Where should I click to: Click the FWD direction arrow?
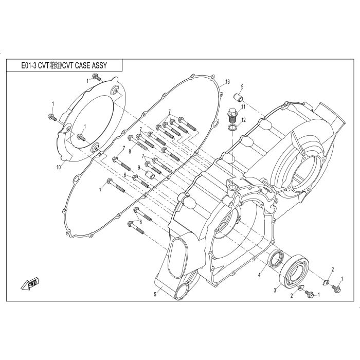point(30,284)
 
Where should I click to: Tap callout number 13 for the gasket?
point(227,82)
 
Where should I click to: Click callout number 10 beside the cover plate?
point(59,167)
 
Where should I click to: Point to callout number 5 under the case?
point(155,294)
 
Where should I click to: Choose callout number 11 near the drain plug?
point(243,107)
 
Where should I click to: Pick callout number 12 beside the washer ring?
point(243,120)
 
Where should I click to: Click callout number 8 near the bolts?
point(130,152)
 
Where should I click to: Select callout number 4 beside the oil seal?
point(259,275)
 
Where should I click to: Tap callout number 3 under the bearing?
point(275,291)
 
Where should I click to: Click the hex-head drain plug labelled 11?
point(231,116)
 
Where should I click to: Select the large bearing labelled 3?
point(294,271)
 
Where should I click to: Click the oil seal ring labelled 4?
point(276,259)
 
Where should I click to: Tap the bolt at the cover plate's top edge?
point(97,77)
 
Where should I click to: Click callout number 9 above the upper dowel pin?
point(242,86)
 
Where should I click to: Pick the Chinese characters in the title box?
point(56,65)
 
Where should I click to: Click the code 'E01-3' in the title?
point(29,65)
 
